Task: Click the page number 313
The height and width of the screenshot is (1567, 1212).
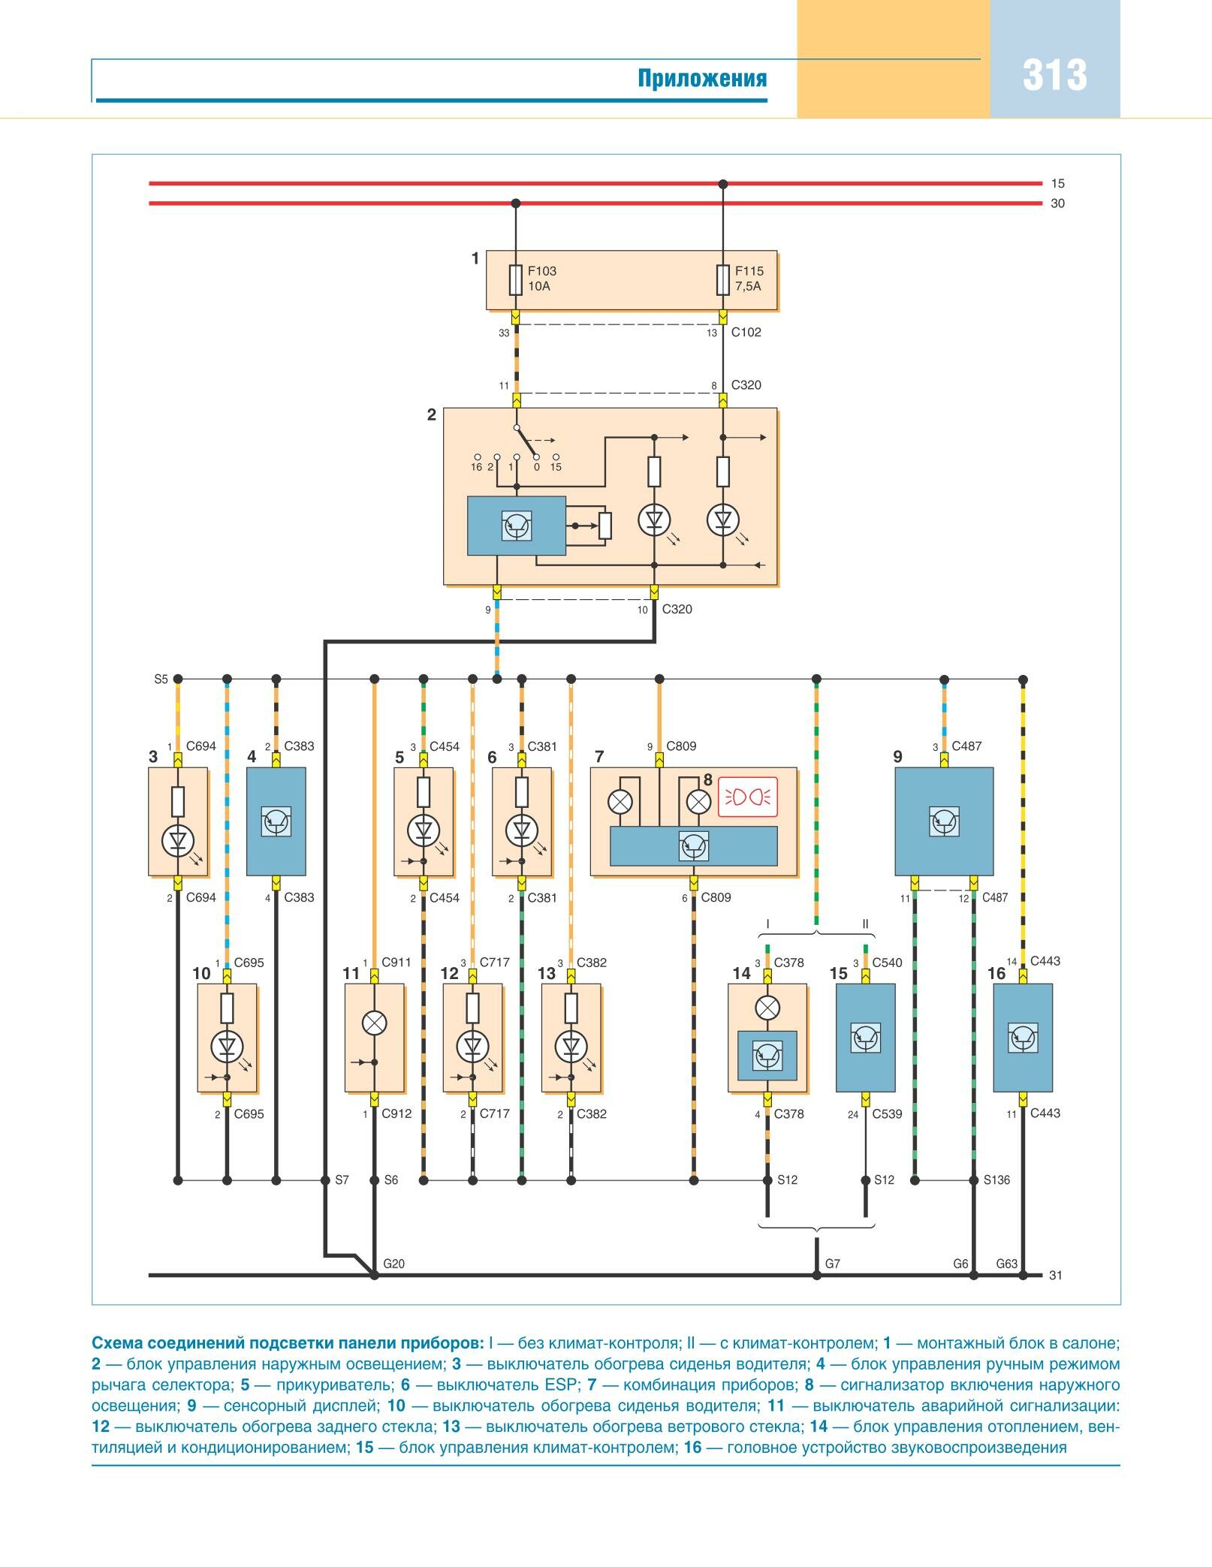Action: pos(1054,76)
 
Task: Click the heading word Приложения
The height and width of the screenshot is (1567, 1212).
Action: pos(702,79)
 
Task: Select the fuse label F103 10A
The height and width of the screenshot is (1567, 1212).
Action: pos(541,279)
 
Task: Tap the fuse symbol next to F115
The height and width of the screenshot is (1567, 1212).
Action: pos(723,279)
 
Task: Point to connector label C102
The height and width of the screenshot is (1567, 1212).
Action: pos(746,332)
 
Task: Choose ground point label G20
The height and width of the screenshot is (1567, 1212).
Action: pos(393,1264)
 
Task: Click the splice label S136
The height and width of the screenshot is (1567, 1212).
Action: pos(996,1180)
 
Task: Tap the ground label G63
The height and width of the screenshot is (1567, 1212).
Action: pos(1006,1264)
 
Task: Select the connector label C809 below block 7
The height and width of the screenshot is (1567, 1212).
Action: pos(716,897)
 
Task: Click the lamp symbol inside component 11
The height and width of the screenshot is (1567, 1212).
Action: pos(374,1022)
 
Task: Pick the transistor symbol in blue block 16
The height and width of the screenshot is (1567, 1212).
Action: pos(1022,1038)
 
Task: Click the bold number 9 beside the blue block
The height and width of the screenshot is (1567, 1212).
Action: pos(897,757)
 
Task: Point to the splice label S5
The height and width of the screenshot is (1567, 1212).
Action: pos(161,680)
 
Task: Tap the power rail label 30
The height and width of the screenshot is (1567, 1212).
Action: pos(1057,203)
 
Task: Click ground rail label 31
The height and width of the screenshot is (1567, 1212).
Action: pos(1055,1275)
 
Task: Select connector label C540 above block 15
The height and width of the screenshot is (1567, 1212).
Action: pos(887,963)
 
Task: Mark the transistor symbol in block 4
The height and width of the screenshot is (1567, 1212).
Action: pos(276,821)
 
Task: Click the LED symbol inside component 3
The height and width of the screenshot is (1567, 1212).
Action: pos(178,840)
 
